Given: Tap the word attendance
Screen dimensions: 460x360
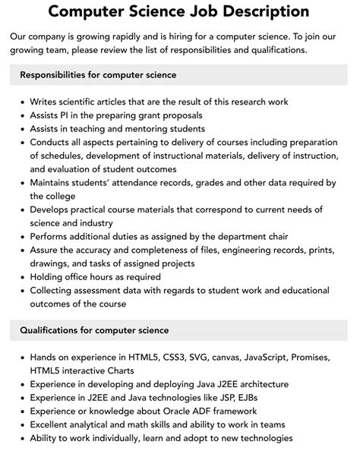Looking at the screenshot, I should [x=151, y=183].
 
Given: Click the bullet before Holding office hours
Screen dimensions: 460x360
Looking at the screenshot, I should [x=21, y=277].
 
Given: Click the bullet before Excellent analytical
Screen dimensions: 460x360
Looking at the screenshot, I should [x=21, y=424].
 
